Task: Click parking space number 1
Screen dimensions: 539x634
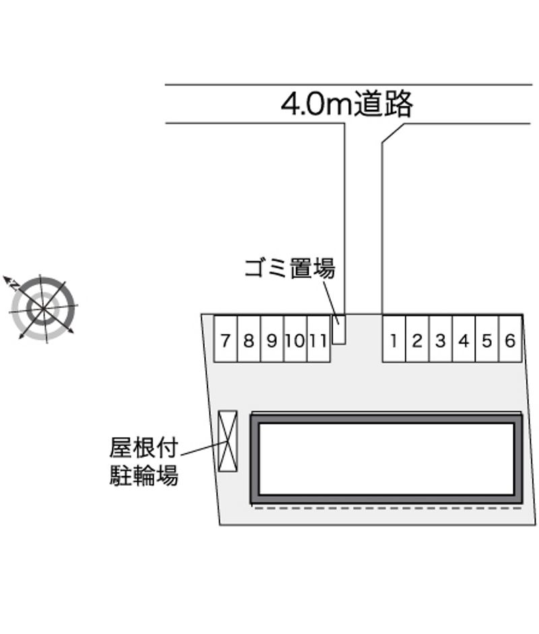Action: pos(394,338)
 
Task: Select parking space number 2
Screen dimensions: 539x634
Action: pos(417,338)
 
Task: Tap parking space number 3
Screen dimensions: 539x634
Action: pos(441,338)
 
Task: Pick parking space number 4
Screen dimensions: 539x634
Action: pos(464,338)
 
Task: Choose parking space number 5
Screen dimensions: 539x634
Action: pos(487,338)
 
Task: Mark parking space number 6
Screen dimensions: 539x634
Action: pos(510,338)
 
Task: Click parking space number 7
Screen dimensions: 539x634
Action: pos(226,338)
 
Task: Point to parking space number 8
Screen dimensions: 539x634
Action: pos(249,338)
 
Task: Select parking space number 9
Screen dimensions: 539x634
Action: pos(273,338)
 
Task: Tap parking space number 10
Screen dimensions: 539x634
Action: pos(296,338)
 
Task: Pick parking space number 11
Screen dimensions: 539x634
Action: pos(319,338)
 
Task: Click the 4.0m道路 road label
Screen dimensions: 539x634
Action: pos(347,104)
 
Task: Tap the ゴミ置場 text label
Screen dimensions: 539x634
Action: pos(290,268)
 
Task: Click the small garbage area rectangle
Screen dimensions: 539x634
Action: pos(339,329)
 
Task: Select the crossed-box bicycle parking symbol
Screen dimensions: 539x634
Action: pos(228,441)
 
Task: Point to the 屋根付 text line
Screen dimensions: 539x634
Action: pos(144,447)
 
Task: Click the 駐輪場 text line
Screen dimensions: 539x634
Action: pos(144,475)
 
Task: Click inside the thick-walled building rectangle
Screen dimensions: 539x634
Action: pos(387,459)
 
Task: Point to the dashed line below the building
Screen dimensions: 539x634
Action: pos(387,508)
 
